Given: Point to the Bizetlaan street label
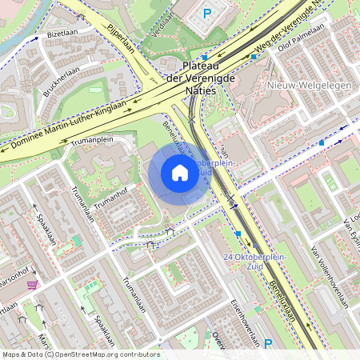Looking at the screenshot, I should pyautogui.click(x=60, y=35).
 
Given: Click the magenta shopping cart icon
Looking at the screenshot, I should pyautogui.click(x=32, y=285).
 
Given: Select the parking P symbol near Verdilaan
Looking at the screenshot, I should pyautogui.click(x=207, y=13).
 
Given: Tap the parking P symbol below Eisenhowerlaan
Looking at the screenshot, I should pyautogui.click(x=268, y=344).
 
